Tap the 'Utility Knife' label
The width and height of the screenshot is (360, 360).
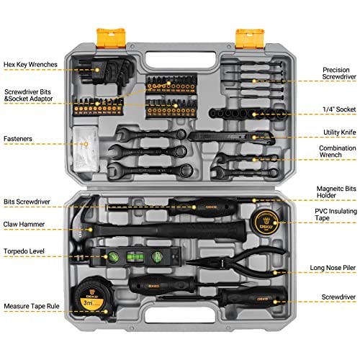[x=334, y=132]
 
